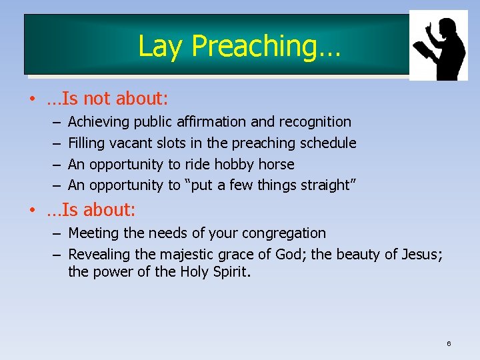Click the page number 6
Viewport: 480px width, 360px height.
(x=449, y=343)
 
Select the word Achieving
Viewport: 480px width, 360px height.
(x=99, y=122)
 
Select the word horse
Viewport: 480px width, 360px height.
(x=275, y=164)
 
